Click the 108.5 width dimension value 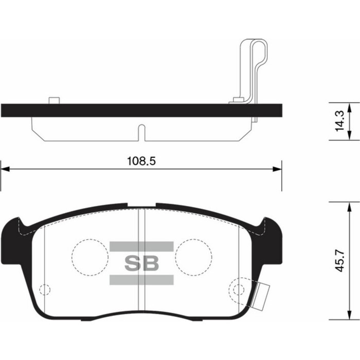[x=141, y=160]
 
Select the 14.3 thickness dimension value [x=340, y=120]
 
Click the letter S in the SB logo [x=132, y=263]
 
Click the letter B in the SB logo [x=150, y=263]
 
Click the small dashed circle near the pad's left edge [x=45, y=289]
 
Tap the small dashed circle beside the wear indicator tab [x=238, y=289]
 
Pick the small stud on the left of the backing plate [x=52, y=100]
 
